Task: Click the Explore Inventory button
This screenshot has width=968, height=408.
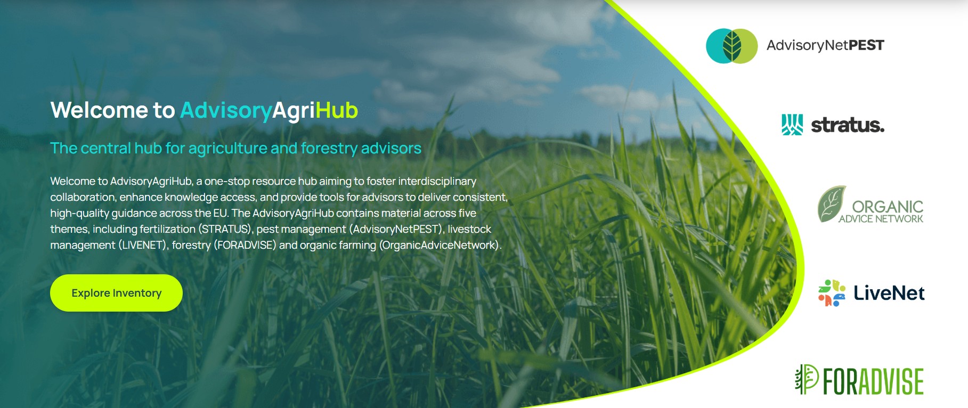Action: (x=116, y=293)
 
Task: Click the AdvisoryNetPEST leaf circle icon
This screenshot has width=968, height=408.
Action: (x=731, y=46)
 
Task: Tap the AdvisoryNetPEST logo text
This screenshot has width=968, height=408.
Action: (x=825, y=45)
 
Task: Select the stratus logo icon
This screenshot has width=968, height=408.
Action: (x=792, y=125)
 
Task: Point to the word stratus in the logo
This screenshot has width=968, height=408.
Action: (x=848, y=125)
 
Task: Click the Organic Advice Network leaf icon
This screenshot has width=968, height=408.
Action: (x=832, y=203)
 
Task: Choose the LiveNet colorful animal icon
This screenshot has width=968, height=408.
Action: (x=832, y=293)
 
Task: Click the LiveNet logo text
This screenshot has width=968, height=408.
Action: (x=889, y=293)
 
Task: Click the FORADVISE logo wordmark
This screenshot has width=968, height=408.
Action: (x=873, y=381)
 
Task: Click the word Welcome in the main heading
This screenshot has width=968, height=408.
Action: (x=99, y=110)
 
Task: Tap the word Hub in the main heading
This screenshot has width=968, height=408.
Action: (x=337, y=110)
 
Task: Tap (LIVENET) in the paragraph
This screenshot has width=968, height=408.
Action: (x=143, y=245)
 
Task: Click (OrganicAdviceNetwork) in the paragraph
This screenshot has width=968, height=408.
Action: (x=440, y=245)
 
